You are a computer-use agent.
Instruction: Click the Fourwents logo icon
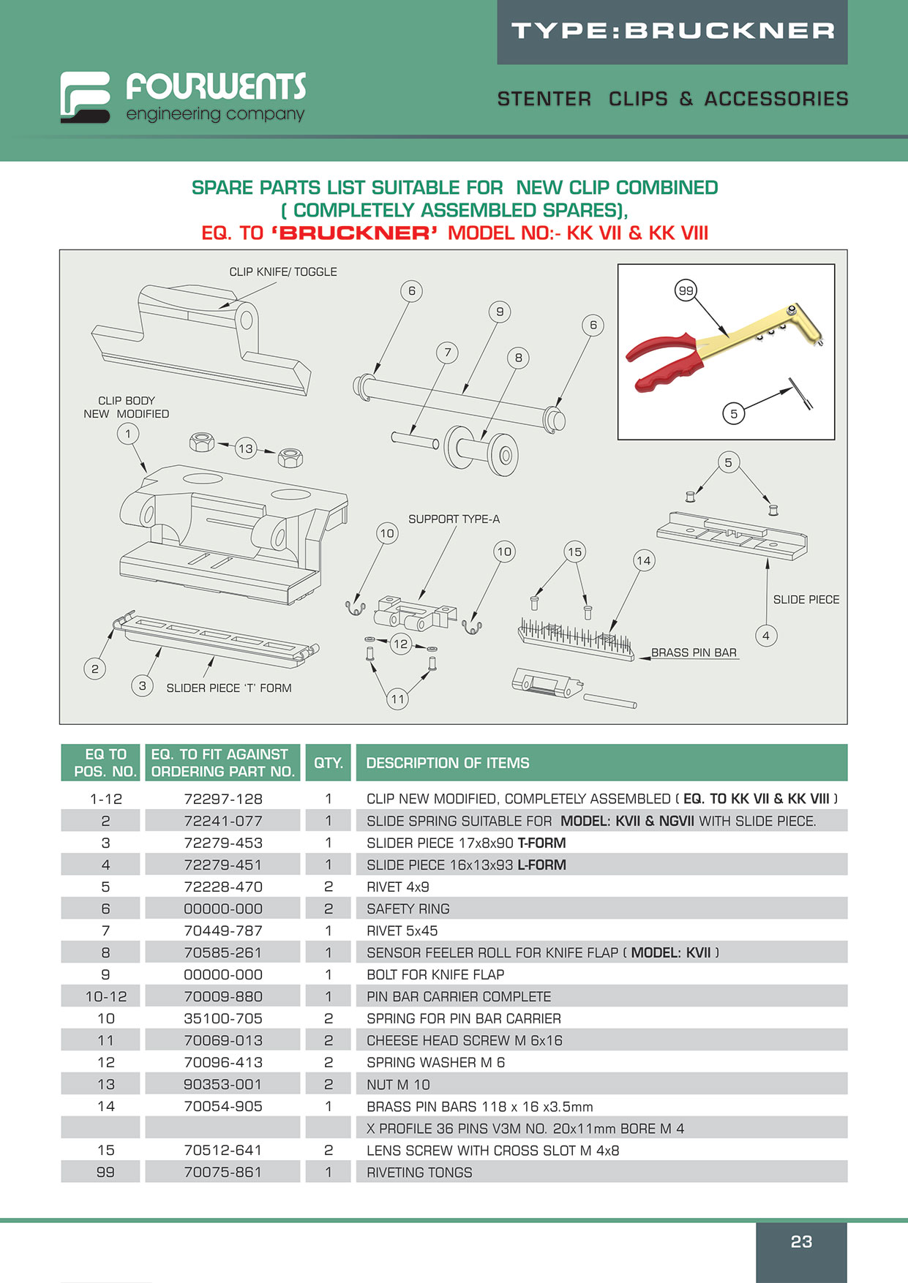click(x=85, y=97)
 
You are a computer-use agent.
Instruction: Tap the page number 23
click(x=801, y=1241)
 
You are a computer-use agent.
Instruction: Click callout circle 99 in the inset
click(x=686, y=290)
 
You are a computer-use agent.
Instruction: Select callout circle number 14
click(x=643, y=561)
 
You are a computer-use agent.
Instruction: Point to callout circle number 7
click(x=448, y=353)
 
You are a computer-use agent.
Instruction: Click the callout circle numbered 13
click(x=246, y=448)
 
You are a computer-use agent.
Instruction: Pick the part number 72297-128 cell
click(x=223, y=799)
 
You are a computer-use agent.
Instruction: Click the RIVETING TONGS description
click(x=419, y=1172)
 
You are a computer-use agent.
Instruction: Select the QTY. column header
click(x=329, y=762)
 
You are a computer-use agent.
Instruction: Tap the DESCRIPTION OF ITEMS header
click(x=448, y=762)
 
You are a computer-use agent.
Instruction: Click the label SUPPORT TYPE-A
click(x=454, y=519)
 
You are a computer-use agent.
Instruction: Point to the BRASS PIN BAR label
click(x=694, y=652)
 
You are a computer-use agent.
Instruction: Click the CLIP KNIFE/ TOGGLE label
click(x=283, y=271)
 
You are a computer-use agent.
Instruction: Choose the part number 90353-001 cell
click(x=223, y=1084)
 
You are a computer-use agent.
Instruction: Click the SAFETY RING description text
click(x=408, y=908)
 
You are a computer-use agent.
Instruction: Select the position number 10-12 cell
click(x=106, y=996)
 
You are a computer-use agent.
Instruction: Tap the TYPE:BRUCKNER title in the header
click(x=672, y=31)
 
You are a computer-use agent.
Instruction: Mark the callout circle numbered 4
click(x=766, y=635)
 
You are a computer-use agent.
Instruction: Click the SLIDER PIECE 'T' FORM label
click(x=229, y=688)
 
